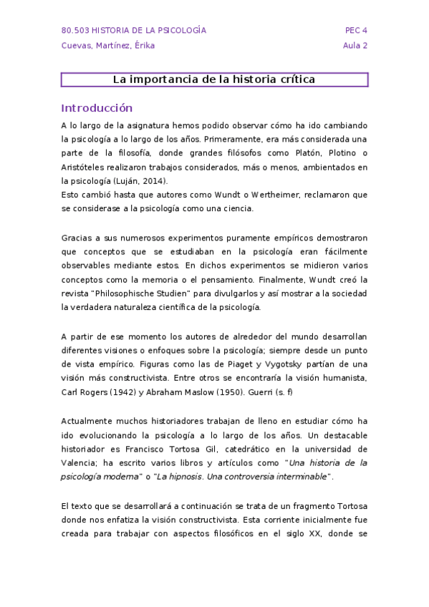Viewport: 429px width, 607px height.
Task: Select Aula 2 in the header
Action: pyautogui.click(x=355, y=46)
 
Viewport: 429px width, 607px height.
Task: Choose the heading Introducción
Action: pyautogui.click(x=97, y=108)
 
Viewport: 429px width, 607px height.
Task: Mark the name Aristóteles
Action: pyautogui.click(x=84, y=167)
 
